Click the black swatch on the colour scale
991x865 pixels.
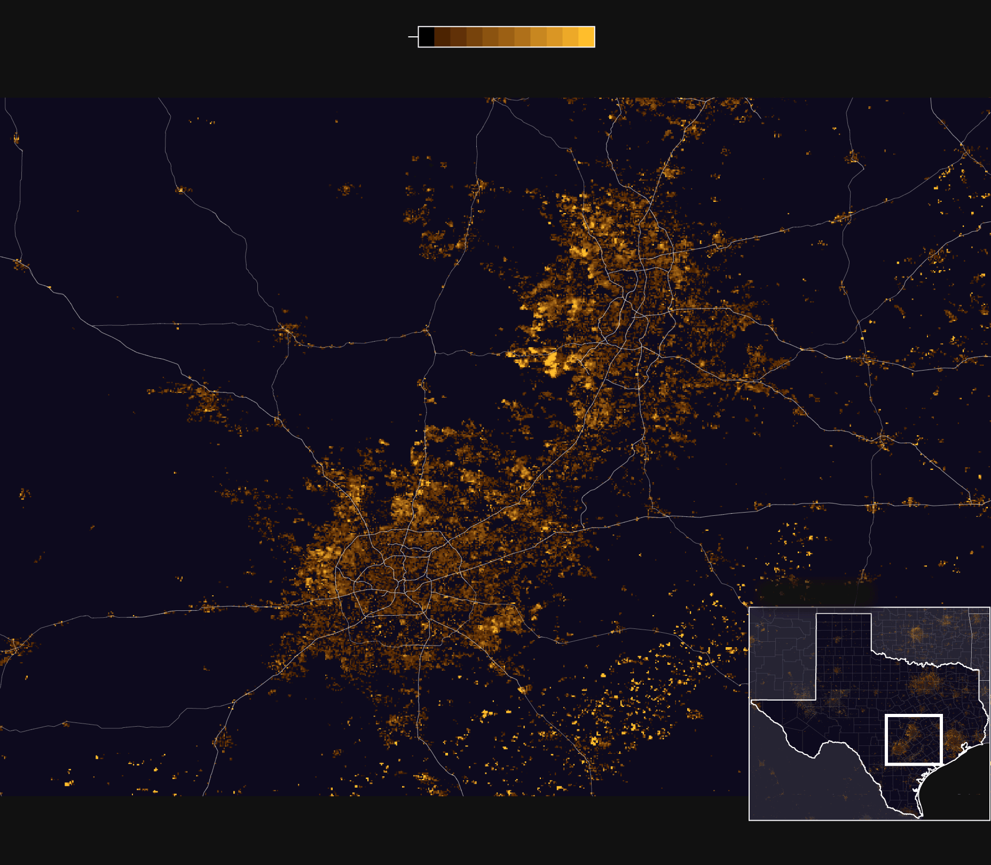coord(427,37)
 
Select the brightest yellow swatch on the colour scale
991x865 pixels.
coord(586,37)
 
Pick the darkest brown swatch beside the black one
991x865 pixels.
coord(442,37)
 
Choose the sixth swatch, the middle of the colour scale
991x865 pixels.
coord(506,37)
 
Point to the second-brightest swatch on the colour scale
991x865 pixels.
coord(570,37)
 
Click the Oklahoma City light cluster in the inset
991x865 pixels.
coord(916,635)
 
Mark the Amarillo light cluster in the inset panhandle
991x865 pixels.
coord(837,639)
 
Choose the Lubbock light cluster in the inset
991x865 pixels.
coord(837,670)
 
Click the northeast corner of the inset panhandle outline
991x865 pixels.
coord(871,615)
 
